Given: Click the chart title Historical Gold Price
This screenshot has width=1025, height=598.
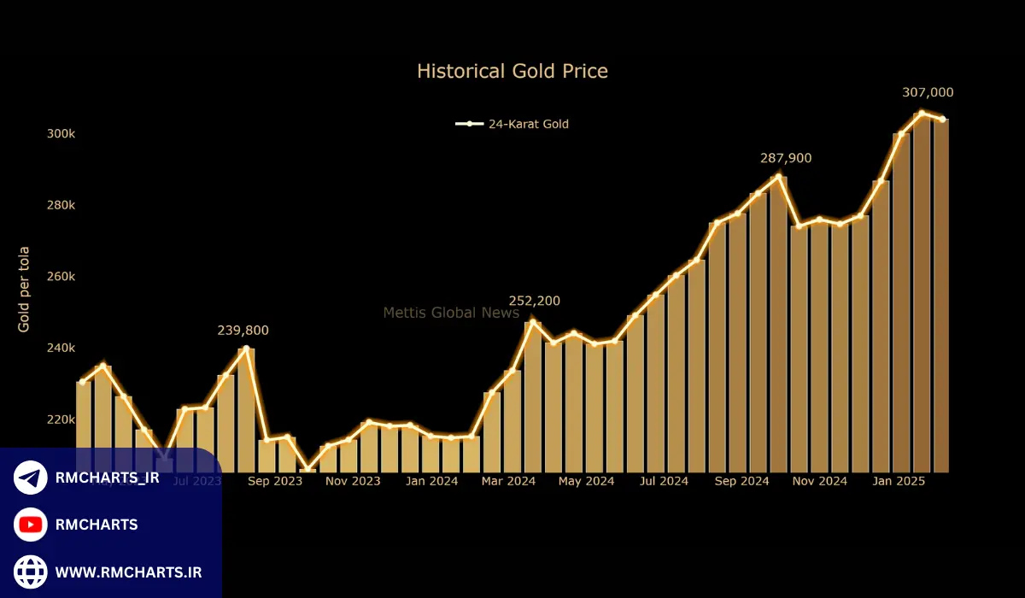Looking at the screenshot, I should [x=512, y=71].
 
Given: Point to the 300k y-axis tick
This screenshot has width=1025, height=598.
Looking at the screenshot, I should [x=61, y=134].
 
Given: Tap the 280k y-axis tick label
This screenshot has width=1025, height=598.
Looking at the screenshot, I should [x=61, y=205].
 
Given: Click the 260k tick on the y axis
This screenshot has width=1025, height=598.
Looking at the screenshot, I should [x=61, y=277].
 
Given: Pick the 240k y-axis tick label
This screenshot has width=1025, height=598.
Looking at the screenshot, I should [x=61, y=348].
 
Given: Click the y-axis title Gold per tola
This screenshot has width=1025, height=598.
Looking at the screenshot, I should [x=24, y=288].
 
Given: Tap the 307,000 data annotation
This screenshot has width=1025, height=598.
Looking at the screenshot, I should [x=928, y=92].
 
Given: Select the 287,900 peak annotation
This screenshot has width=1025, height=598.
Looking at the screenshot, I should [x=786, y=158].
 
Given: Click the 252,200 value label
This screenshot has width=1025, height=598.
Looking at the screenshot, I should [x=535, y=301].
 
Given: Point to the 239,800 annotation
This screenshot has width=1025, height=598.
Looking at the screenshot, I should [x=248, y=331].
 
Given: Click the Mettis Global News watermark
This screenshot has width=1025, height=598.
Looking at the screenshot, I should [x=451, y=313].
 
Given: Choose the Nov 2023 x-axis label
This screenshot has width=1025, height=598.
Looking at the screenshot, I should [x=353, y=481].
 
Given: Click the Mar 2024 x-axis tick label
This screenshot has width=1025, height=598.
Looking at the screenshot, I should [x=508, y=481].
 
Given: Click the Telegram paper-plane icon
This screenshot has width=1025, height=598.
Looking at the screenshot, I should [x=31, y=478].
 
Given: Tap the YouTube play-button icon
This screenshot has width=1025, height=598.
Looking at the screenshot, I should [x=31, y=525].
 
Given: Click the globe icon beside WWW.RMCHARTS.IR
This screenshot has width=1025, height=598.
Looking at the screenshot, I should [x=31, y=572].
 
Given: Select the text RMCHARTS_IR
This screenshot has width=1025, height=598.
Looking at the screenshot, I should [x=107, y=478].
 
